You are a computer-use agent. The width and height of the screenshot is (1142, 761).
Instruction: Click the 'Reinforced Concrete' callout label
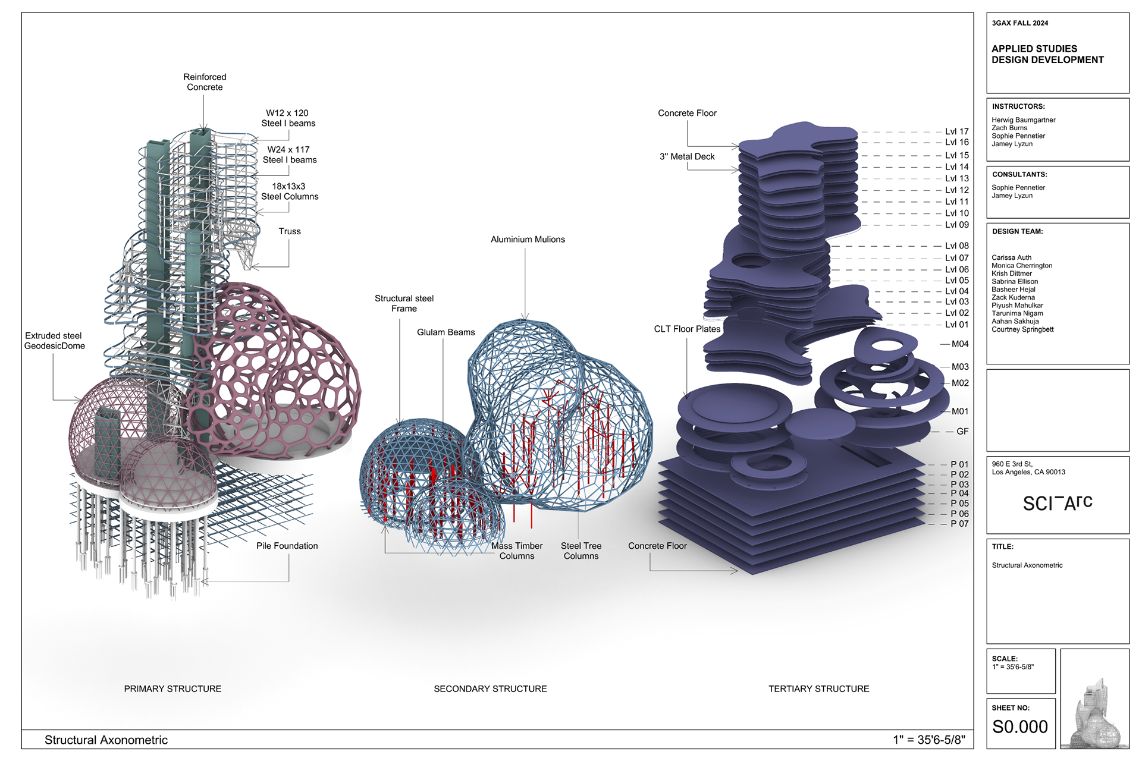(x=205, y=82)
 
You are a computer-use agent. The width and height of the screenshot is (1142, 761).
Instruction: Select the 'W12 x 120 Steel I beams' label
(x=288, y=118)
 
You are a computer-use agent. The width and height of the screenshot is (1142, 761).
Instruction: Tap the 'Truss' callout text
(x=290, y=231)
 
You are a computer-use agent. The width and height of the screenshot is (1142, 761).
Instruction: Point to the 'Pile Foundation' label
(x=287, y=546)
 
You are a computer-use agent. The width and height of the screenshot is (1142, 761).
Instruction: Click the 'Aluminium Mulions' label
(x=528, y=240)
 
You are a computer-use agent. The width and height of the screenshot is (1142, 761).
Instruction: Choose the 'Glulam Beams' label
(x=445, y=332)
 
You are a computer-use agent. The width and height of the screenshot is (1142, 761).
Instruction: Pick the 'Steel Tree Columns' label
(x=581, y=551)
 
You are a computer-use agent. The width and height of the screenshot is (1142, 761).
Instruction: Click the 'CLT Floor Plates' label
(x=687, y=329)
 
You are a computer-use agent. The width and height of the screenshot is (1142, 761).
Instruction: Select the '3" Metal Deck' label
(x=687, y=157)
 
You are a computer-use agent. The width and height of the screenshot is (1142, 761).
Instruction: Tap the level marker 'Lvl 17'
(x=956, y=131)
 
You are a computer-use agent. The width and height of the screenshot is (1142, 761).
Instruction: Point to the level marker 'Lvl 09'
(x=956, y=225)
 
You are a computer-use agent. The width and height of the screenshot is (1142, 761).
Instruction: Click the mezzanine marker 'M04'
(x=959, y=344)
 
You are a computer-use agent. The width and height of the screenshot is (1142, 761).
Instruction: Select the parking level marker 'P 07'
(x=959, y=524)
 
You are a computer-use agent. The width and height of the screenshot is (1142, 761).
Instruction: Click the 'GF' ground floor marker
(x=962, y=432)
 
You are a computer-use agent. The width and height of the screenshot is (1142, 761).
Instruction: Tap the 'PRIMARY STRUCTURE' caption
(x=172, y=688)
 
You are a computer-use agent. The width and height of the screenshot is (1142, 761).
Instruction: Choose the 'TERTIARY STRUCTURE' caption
(x=818, y=688)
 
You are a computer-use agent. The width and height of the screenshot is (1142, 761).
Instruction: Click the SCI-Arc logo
(x=1057, y=503)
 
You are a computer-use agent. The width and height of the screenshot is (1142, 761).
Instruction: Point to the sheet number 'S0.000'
(x=1019, y=727)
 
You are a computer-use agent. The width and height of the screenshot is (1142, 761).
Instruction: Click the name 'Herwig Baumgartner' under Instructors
(x=1023, y=120)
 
